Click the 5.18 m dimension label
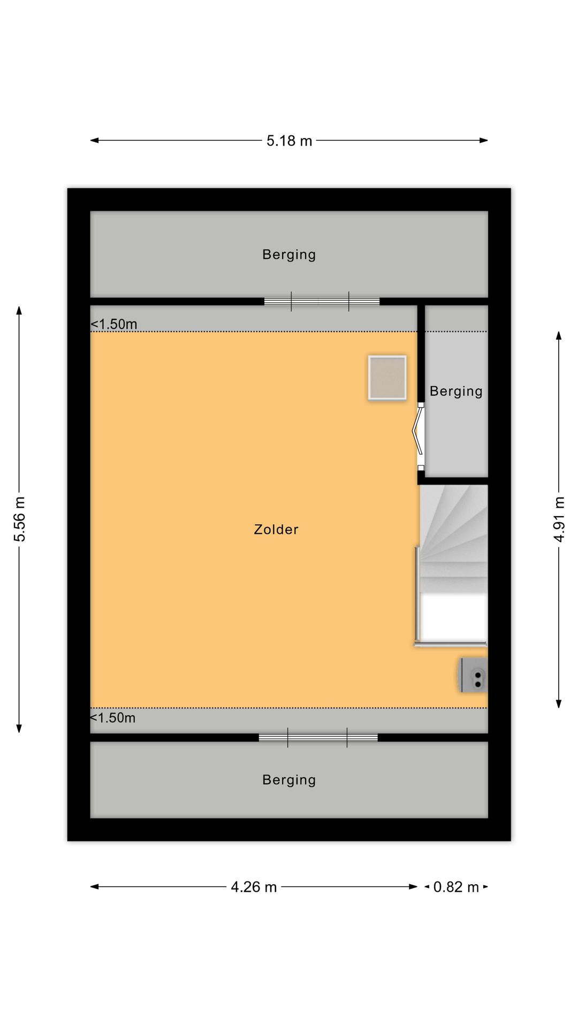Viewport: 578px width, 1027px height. [x=289, y=141]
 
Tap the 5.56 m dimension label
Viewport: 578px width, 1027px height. [x=20, y=519]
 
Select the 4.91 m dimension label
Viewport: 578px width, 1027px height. [x=559, y=519]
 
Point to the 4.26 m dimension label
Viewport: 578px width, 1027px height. [x=254, y=887]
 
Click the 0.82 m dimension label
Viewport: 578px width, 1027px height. [x=456, y=887]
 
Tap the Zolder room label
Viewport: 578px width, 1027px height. [x=276, y=530]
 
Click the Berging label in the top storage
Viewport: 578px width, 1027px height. [x=289, y=255]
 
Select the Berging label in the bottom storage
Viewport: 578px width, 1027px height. [x=289, y=780]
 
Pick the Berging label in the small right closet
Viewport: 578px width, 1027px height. [x=456, y=392]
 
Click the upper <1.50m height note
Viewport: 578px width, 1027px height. [x=114, y=324]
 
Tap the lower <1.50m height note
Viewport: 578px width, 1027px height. [x=112, y=718]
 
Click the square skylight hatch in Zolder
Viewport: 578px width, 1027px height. [x=387, y=378]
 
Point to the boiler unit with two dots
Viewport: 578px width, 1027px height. [x=473, y=675]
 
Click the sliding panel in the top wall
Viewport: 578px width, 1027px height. [x=322, y=301]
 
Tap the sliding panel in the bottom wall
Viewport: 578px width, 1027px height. [x=318, y=738]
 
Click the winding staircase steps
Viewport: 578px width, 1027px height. [x=454, y=538]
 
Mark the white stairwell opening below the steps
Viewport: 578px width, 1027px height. [x=454, y=618]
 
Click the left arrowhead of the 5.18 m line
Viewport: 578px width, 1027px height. [x=94, y=141]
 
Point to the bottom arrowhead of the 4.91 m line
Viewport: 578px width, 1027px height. [x=559, y=704]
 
